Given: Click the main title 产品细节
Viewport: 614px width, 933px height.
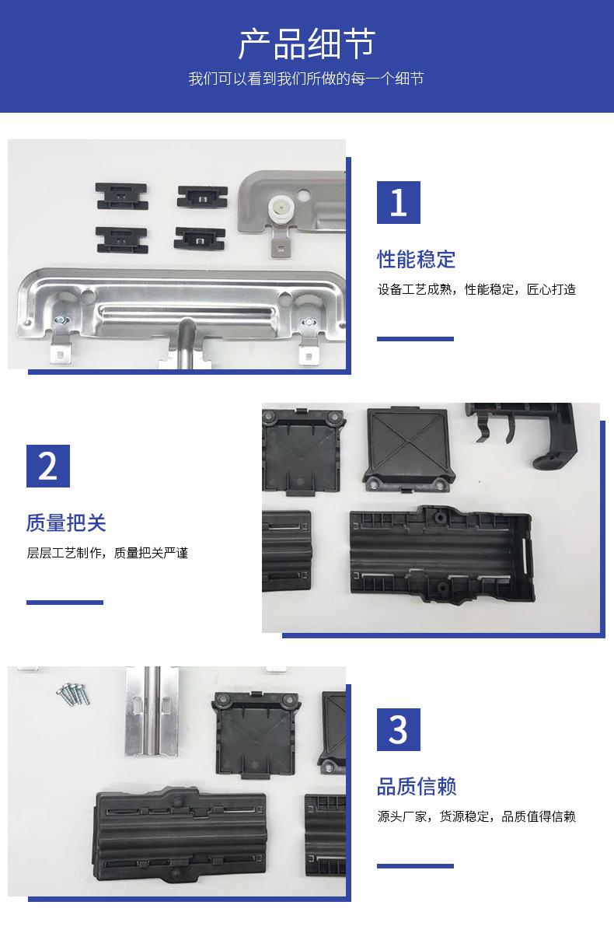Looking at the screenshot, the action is coord(307,44).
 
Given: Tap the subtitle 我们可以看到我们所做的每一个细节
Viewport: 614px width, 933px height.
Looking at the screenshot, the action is coord(306,79).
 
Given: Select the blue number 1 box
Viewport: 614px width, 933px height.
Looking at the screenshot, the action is coord(399,202).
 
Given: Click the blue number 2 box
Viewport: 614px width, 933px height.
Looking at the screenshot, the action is coord(48,466).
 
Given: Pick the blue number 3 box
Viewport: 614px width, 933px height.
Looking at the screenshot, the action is coord(399,730).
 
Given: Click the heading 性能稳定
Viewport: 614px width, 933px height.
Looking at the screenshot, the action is coord(417,259).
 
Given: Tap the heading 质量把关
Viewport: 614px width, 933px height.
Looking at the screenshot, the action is coord(66,522).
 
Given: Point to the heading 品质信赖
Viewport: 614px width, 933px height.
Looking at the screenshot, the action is coord(417,786).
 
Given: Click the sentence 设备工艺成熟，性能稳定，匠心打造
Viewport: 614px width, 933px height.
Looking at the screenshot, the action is coord(476,289).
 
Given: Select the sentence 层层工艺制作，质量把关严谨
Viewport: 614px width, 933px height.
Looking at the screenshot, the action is coord(107,553).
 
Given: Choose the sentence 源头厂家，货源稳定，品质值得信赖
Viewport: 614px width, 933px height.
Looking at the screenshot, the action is coord(476,816).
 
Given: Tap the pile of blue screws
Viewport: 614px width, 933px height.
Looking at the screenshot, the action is coord(73,694).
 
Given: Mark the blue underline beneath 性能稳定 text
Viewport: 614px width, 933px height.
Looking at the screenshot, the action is coord(415,339).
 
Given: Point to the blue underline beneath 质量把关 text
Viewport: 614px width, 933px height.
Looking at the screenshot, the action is coord(65,603).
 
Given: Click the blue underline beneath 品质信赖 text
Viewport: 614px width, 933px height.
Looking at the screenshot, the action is coord(415,866).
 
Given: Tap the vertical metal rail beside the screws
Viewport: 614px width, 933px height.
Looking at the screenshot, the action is coord(152,711).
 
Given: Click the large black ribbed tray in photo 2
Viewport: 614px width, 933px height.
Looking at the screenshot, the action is coord(441,554).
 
